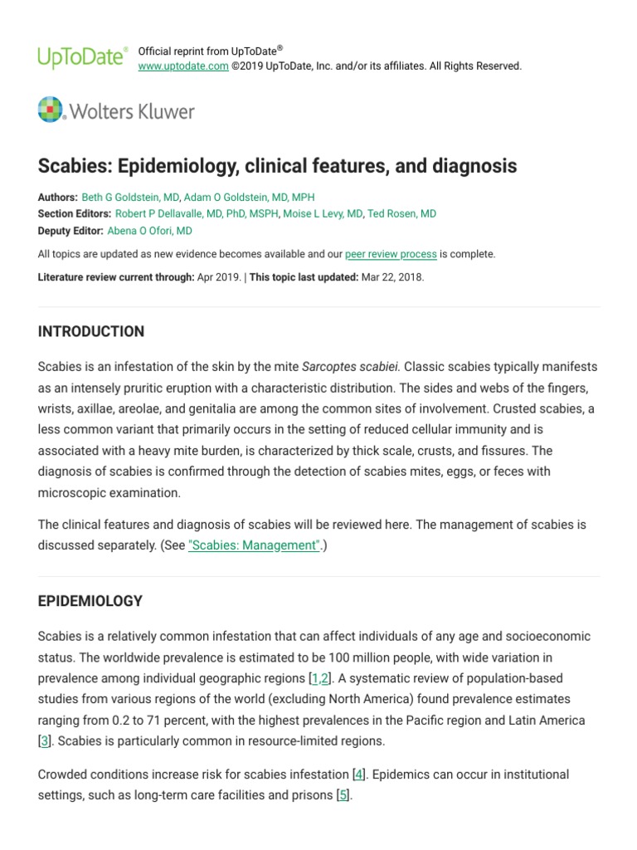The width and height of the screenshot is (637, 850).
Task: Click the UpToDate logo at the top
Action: coord(82,57)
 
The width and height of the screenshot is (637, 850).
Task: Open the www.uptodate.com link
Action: coord(182,66)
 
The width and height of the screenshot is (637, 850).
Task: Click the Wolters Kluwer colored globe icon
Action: coord(51,110)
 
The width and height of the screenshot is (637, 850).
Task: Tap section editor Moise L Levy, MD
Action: coord(323,214)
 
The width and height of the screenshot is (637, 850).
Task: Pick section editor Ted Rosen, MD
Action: coord(402,214)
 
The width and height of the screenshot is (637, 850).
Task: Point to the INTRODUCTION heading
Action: coord(91,331)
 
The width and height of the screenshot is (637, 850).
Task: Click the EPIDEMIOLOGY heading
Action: coord(90,600)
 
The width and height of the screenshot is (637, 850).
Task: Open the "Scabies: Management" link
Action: coord(254,545)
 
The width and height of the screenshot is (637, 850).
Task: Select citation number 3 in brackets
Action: coord(44,741)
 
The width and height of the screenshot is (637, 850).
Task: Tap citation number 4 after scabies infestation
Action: coord(358,774)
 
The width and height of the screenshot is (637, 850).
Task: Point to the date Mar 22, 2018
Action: coord(392,277)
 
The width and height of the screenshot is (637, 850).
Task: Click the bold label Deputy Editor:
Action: coord(71,231)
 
